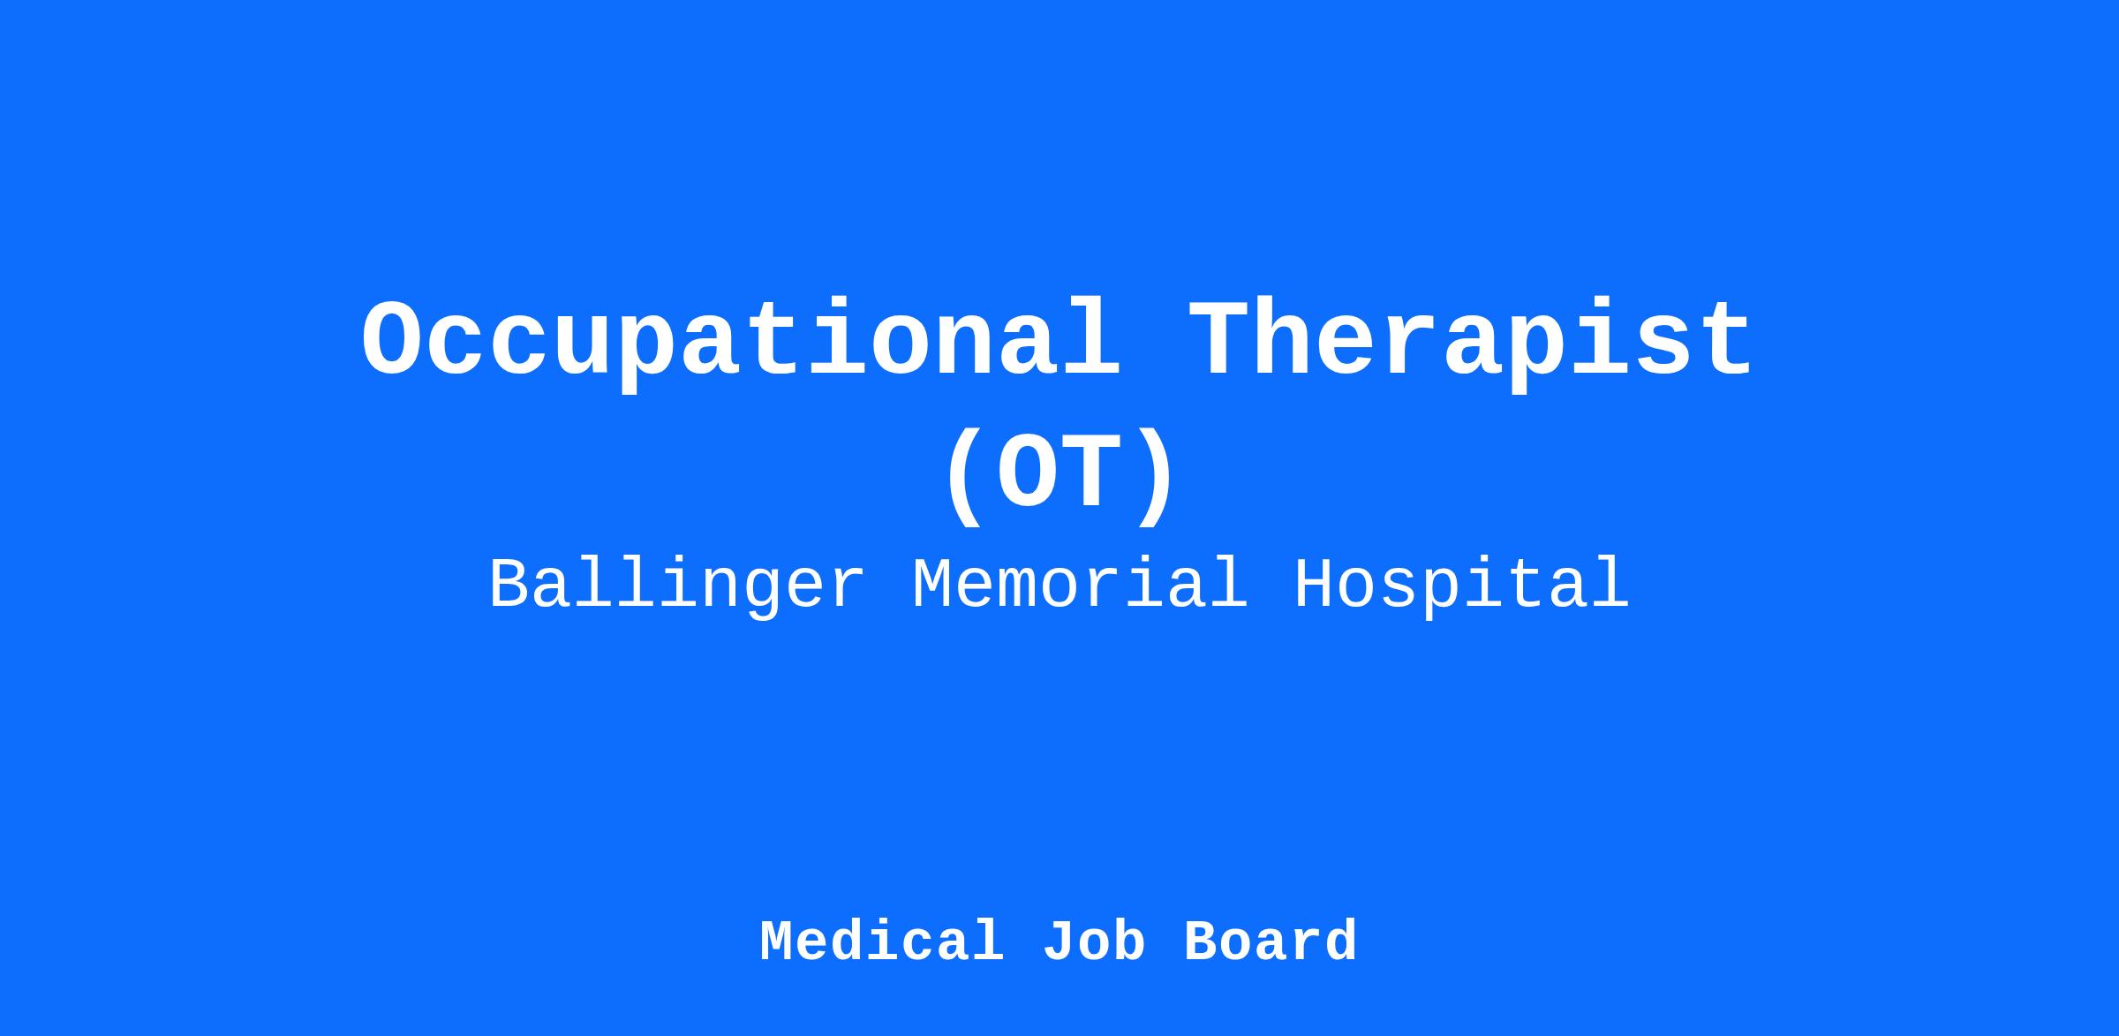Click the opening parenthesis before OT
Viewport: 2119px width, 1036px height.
(964, 478)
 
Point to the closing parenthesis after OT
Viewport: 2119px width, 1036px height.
(1155, 478)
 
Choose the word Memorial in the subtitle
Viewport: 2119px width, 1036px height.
(1081, 584)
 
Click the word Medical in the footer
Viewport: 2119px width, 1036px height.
(882, 941)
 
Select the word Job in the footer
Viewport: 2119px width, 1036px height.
(1094, 941)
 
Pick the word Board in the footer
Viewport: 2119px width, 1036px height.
(1271, 941)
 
